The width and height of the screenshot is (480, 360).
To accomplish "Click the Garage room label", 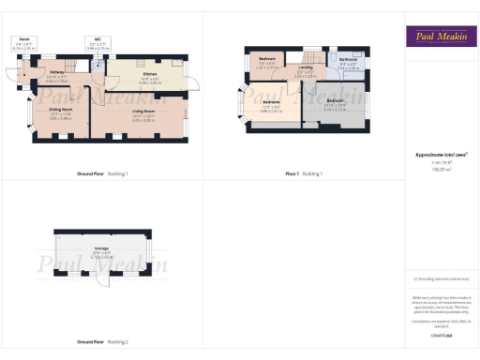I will click(x=102, y=255).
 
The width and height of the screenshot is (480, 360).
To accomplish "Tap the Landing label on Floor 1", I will click(x=306, y=68).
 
